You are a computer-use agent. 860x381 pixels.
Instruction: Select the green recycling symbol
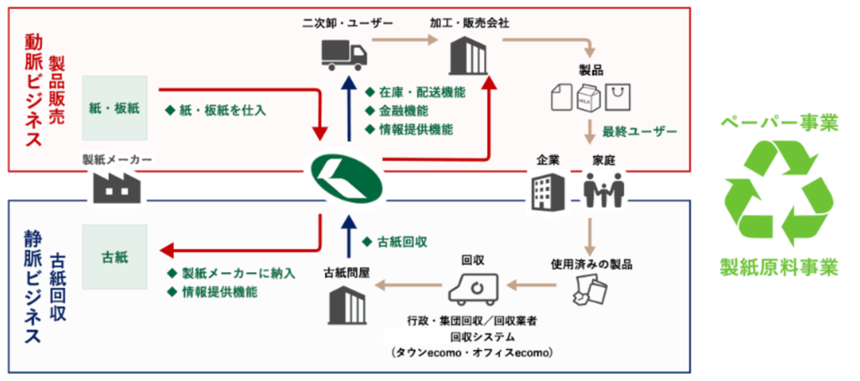coord(779,193)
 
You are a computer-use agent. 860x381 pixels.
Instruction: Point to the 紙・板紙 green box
coord(114,107)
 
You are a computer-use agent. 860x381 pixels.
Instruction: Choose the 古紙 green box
coord(114,254)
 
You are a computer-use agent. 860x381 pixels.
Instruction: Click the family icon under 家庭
coord(605,191)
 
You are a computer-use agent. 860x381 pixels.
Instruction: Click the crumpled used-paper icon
coord(587,290)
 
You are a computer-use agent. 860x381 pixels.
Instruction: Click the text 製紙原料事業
coord(779,269)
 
